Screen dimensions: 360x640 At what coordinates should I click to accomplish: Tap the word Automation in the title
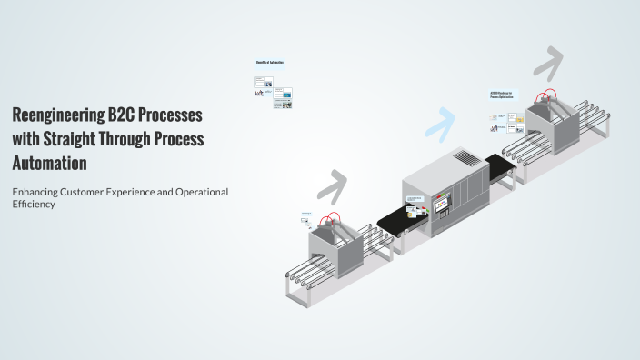pyautogui.click(x=49, y=164)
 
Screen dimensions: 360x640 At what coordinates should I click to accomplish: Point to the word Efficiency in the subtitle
pyautogui.click(x=34, y=205)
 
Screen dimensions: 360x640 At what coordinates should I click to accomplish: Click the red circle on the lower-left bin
pyautogui.click(x=331, y=220)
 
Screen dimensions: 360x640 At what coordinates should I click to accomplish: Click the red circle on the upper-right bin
pyautogui.click(x=545, y=96)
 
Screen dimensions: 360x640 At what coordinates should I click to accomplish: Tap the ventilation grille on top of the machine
pyautogui.click(x=465, y=158)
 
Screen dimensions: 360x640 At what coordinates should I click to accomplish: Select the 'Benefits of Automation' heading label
pyautogui.click(x=269, y=62)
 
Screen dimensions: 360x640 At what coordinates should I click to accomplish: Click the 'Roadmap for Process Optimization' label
pyautogui.click(x=501, y=95)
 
